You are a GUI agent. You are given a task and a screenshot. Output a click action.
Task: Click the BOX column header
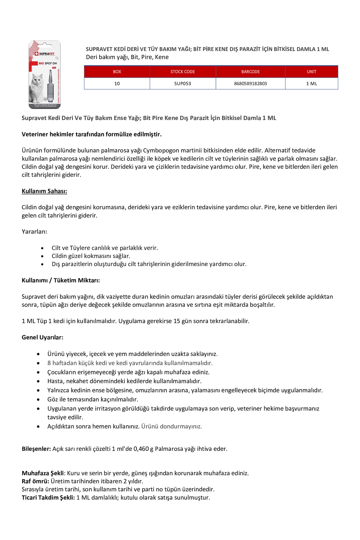click(x=117, y=72)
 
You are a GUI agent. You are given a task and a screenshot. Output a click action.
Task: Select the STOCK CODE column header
click(x=183, y=72)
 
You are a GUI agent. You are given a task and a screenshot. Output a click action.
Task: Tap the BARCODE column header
click(x=250, y=72)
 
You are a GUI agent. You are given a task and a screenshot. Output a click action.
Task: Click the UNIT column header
click(x=311, y=72)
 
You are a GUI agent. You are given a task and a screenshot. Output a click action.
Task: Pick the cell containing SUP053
click(x=183, y=84)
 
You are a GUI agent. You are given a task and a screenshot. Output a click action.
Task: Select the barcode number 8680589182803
click(x=250, y=84)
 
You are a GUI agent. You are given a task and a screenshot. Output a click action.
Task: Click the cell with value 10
click(x=117, y=84)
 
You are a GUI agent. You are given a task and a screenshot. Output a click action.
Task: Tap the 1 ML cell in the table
click(x=311, y=84)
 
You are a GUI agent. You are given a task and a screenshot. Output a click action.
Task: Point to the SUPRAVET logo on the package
click(x=45, y=54)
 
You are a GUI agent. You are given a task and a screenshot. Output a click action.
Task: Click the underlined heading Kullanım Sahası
click(x=44, y=191)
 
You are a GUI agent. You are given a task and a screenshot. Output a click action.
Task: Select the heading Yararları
click(x=34, y=232)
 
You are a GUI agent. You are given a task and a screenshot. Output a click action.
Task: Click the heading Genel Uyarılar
click(x=43, y=337)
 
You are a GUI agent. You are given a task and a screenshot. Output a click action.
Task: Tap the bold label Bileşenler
click(x=36, y=449)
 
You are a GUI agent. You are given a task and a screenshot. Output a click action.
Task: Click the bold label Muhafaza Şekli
click(x=43, y=473)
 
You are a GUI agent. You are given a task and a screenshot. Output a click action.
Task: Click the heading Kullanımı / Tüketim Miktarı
click(x=61, y=280)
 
